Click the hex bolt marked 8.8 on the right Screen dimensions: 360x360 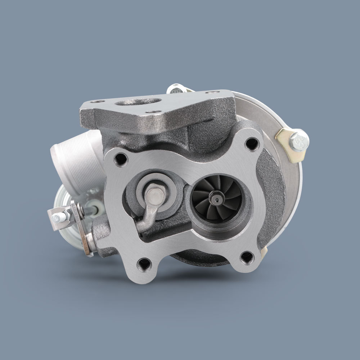[298, 140]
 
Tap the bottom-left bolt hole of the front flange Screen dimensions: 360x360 [145, 264]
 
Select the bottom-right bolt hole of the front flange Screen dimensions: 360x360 [247, 257]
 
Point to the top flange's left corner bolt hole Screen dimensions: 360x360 [96, 102]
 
